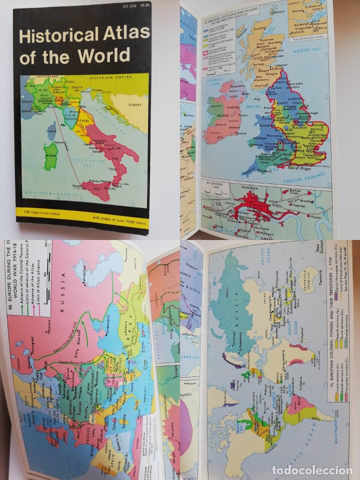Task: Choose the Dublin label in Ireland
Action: coord(243,114)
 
